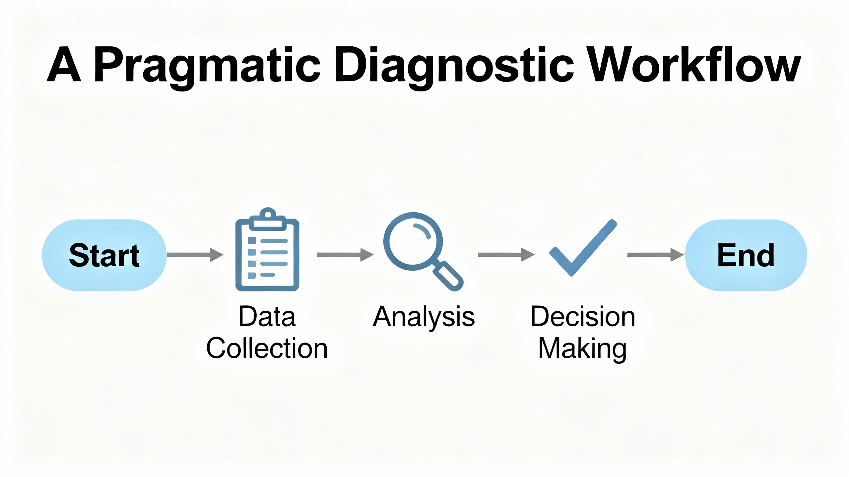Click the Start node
point(104,255)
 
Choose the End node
point(746,255)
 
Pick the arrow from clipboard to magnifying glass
point(345,255)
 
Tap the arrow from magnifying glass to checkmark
point(506,255)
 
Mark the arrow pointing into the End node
point(655,255)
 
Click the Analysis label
point(424,317)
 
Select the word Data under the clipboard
point(267,317)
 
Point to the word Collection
point(267,348)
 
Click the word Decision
point(583,317)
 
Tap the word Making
point(583,349)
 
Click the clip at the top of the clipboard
point(268,219)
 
